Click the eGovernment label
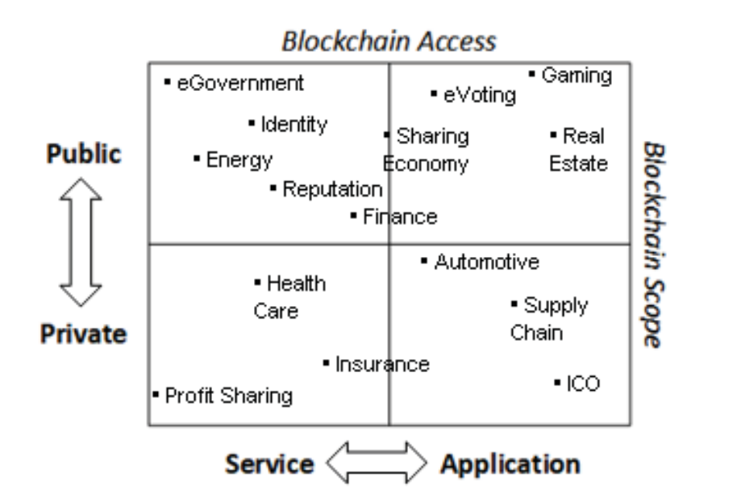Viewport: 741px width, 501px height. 240,83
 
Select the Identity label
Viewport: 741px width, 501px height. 293,124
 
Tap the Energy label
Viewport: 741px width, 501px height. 239,159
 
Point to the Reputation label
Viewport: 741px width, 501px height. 331,189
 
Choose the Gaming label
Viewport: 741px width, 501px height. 576,76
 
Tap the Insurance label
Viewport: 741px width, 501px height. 381,364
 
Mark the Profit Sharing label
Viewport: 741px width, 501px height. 227,395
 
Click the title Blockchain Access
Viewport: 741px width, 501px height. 389,42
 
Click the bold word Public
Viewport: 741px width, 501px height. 84,155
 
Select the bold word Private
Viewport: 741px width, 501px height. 85,333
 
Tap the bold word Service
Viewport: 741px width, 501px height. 269,464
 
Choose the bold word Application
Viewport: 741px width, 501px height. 509,464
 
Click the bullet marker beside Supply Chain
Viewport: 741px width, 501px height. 514,304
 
